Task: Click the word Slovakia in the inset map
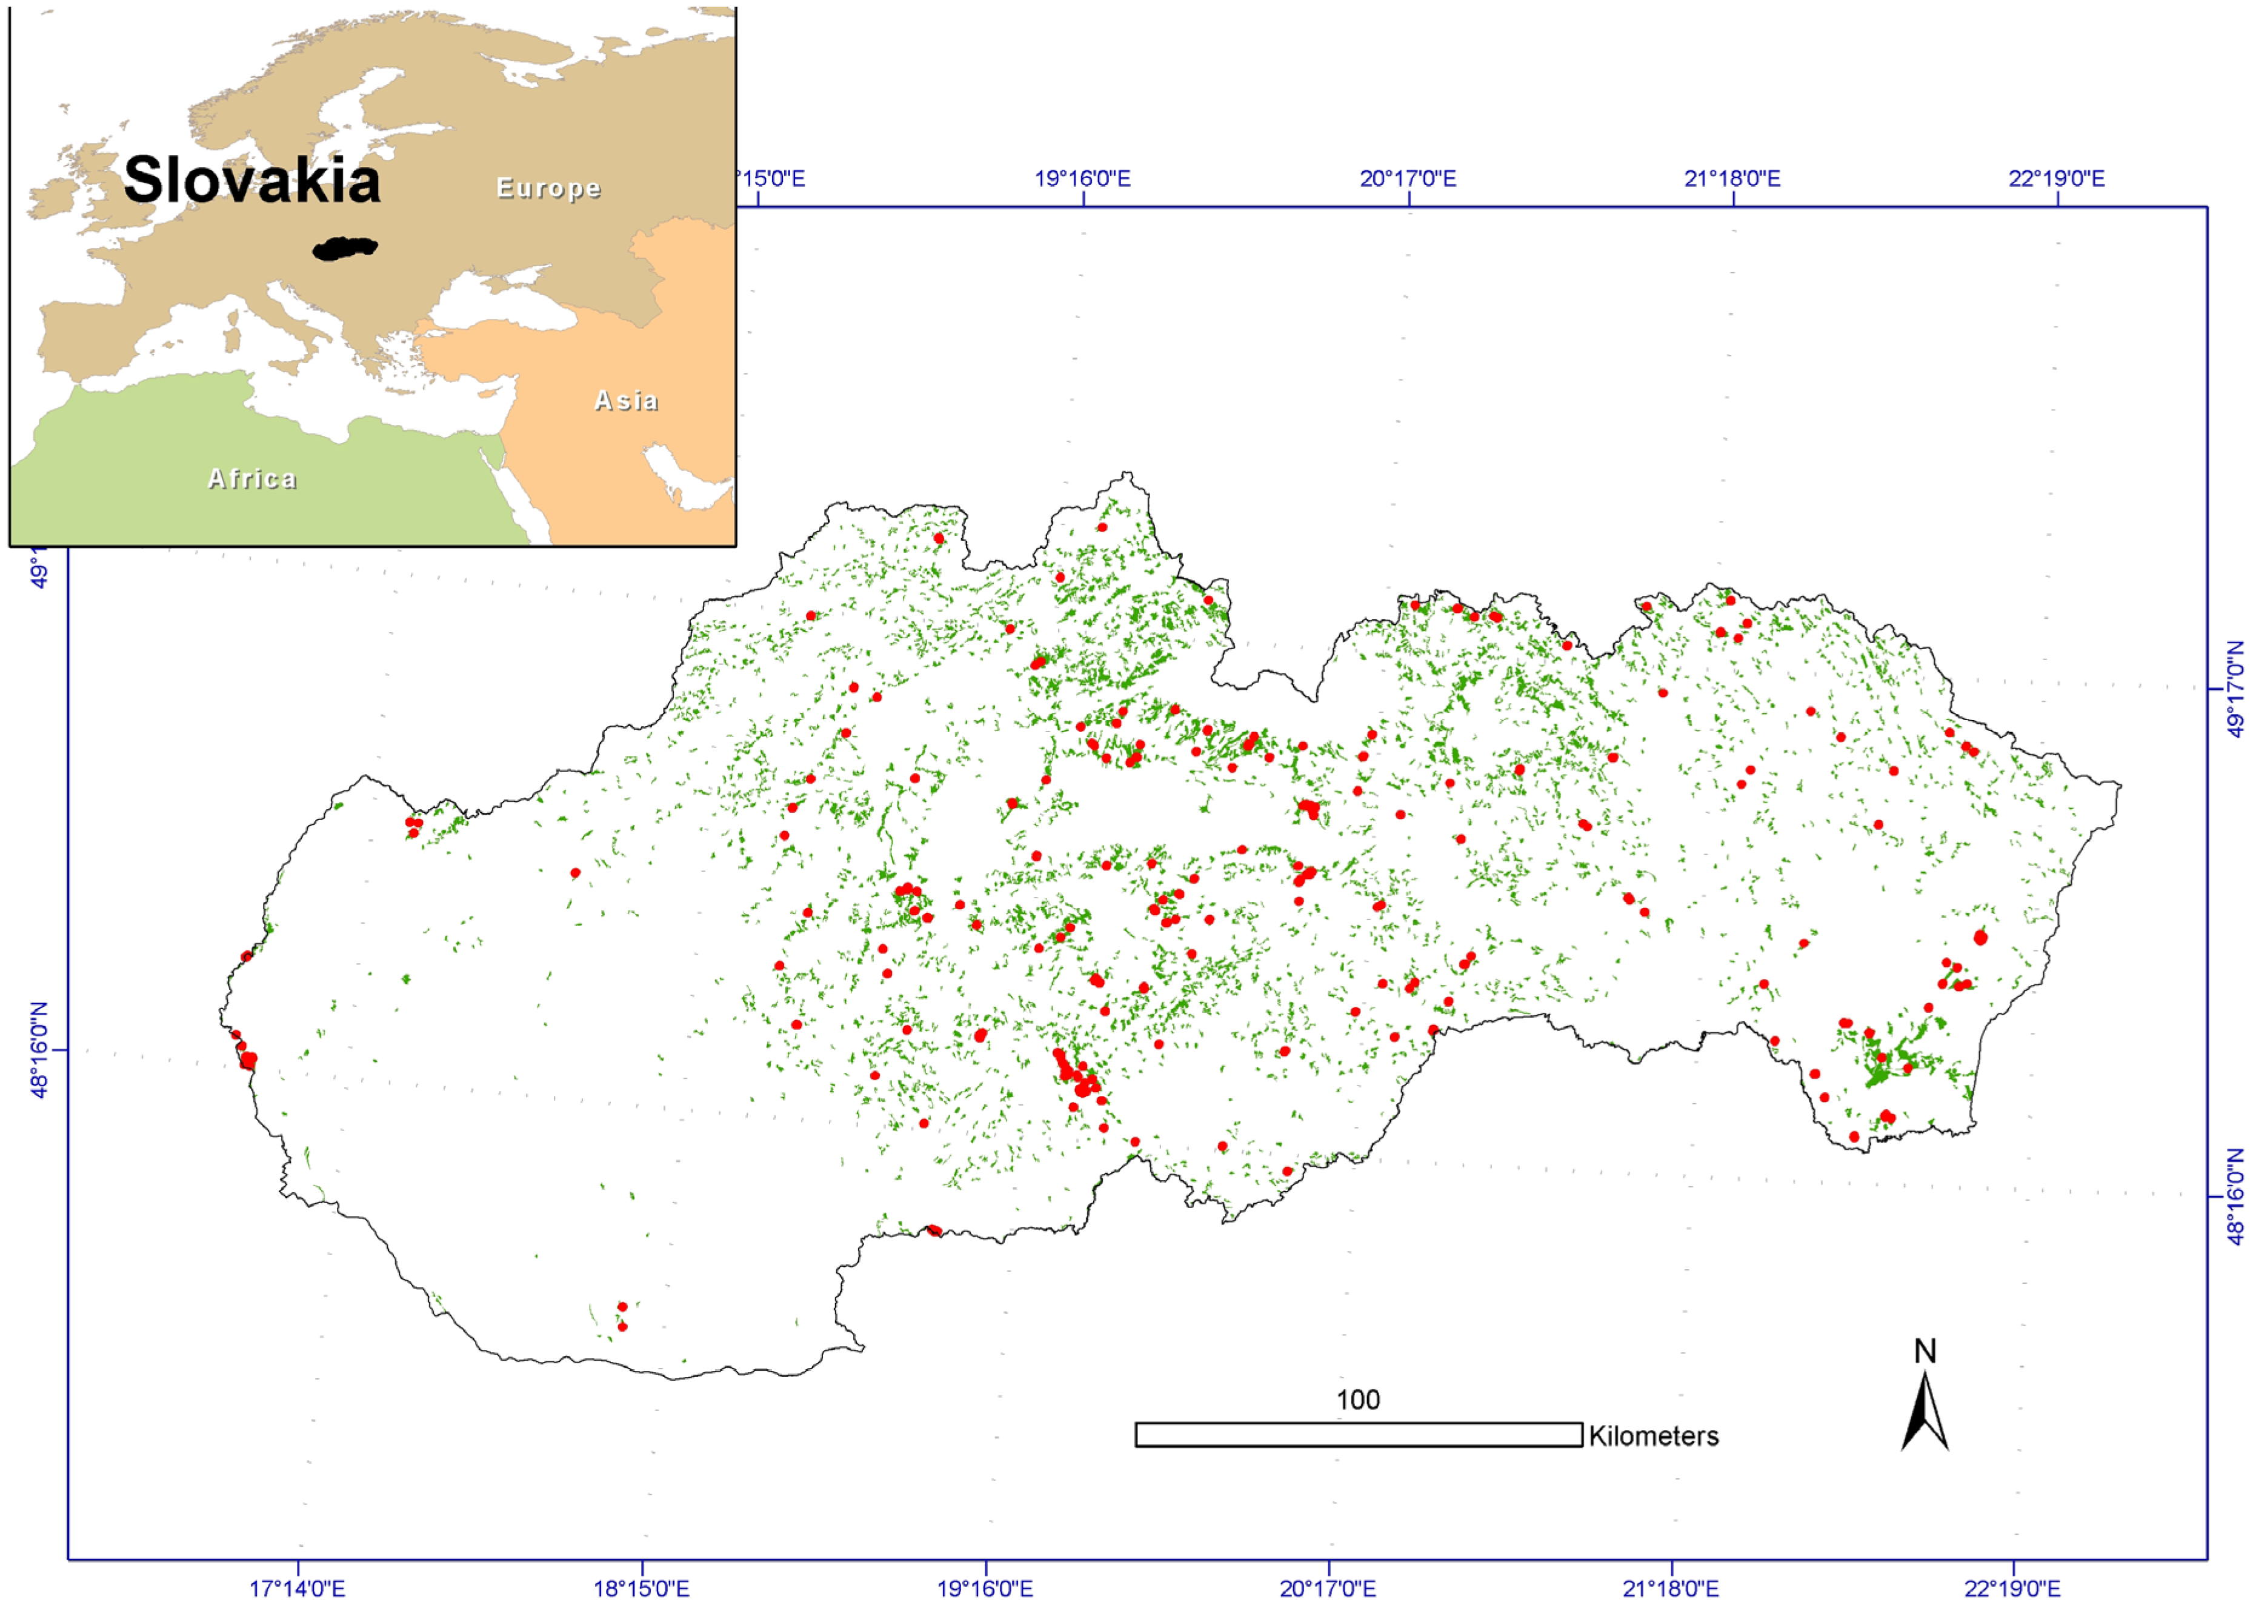[x=252, y=180]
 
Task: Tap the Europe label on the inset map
[x=548, y=188]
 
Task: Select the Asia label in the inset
[x=625, y=400]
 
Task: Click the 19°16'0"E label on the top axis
[x=1082, y=179]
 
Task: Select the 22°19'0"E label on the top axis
[x=2055, y=179]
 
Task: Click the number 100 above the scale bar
[x=1358, y=1400]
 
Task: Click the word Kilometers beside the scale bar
[x=1653, y=1436]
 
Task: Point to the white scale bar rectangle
[x=1358, y=1434]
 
